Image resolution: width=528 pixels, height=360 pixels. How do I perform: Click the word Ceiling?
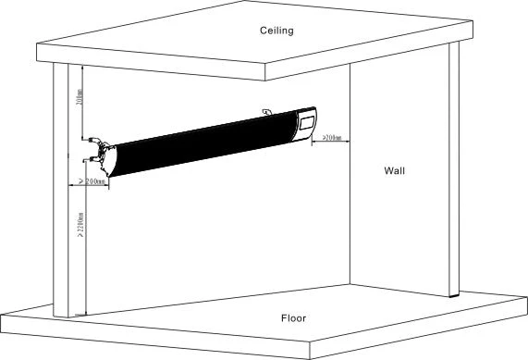(x=276, y=31)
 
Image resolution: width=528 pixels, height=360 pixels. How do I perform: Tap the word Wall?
(x=395, y=170)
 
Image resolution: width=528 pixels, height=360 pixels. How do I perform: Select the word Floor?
(x=293, y=318)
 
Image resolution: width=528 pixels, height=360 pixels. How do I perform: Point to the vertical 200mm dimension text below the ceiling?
(x=80, y=98)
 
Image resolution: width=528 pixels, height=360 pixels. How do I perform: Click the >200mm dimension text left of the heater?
(x=92, y=182)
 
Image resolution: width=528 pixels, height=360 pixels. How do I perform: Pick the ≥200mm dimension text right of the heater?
(x=330, y=138)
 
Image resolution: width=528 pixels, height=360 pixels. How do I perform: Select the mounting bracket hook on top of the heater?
(x=266, y=112)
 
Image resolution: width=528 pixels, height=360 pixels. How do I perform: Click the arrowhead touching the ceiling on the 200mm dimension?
(x=84, y=68)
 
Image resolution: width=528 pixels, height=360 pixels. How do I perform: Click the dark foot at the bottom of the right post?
(x=453, y=294)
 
